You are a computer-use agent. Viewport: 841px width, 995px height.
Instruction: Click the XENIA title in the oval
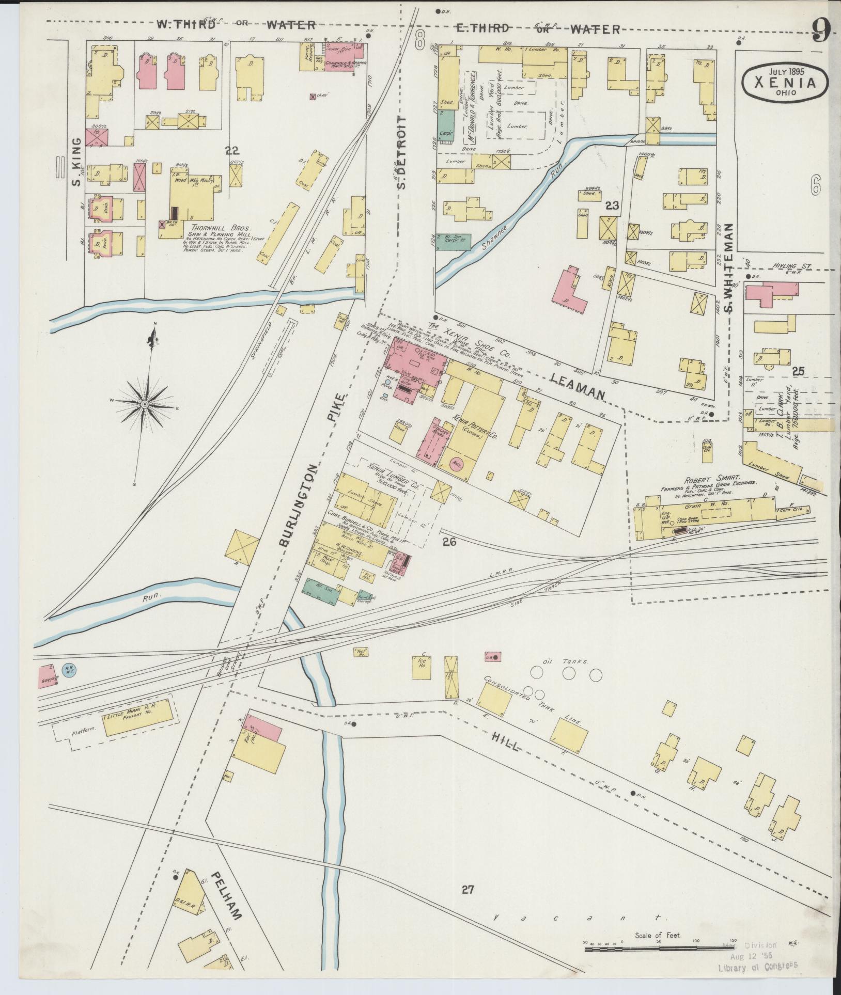(x=786, y=83)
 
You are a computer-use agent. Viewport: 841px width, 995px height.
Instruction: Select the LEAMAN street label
(x=577, y=387)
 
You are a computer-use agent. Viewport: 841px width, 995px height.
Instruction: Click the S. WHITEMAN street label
(x=729, y=269)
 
